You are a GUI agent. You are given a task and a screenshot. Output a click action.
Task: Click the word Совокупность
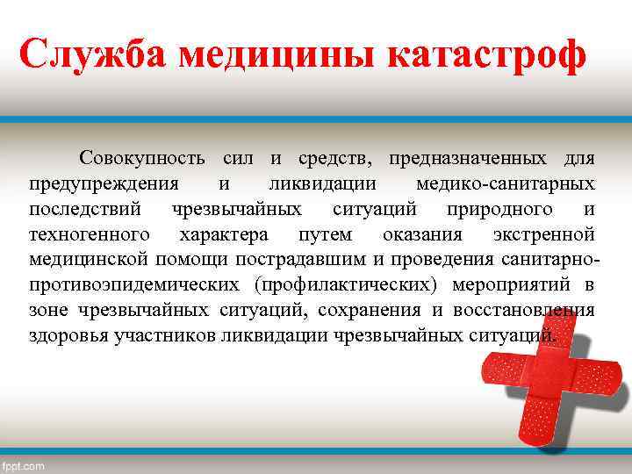click(x=143, y=159)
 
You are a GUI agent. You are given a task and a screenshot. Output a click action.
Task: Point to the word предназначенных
click(x=466, y=159)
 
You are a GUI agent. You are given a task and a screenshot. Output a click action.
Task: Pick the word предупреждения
click(x=104, y=184)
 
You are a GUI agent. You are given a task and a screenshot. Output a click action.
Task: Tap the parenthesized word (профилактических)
click(x=347, y=285)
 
